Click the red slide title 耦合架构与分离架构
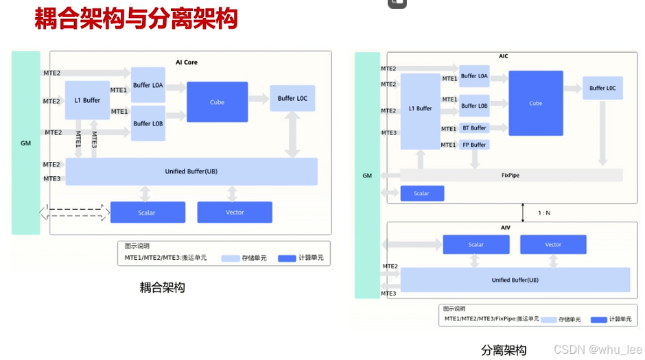[x=136, y=19]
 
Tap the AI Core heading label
[x=186, y=62]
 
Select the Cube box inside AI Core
[x=217, y=102]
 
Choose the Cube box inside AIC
[x=536, y=103]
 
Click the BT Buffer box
[x=474, y=128]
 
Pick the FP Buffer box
[x=474, y=145]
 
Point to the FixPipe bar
[x=511, y=176]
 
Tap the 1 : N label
[x=543, y=213]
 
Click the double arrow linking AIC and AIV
[x=523, y=213]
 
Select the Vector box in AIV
[x=553, y=244]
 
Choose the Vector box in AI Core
[x=235, y=213]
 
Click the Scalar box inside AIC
[x=422, y=193]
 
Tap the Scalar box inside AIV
[x=476, y=244]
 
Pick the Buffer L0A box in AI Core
[x=148, y=85]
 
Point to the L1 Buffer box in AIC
[x=420, y=109]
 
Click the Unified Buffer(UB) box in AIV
[x=515, y=280]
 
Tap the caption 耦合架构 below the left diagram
[x=163, y=287]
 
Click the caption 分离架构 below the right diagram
[x=504, y=350]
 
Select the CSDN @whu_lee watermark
[x=598, y=350]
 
